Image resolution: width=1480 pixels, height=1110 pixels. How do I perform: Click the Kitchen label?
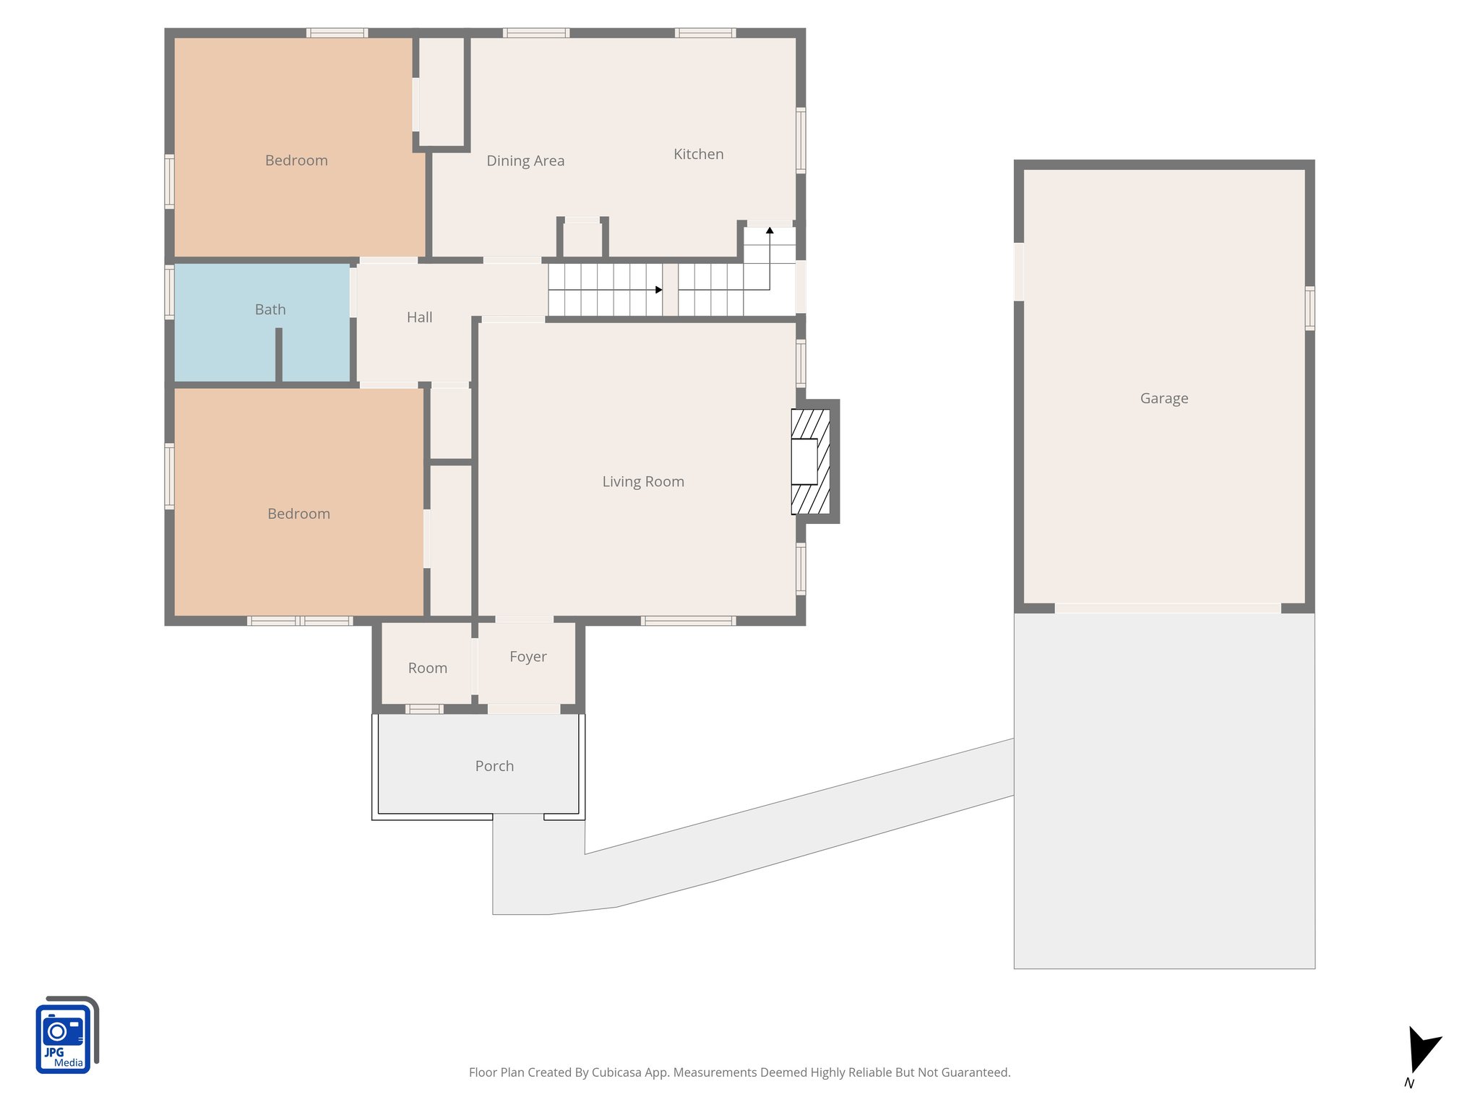tap(698, 154)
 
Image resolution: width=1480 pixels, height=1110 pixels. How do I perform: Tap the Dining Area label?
tap(525, 160)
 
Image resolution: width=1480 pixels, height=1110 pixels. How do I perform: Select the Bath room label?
tap(270, 309)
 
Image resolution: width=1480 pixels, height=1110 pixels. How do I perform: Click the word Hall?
tap(419, 317)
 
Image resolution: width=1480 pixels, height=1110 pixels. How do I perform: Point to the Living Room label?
tap(642, 481)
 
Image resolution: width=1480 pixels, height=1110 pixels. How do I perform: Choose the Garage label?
tap(1163, 398)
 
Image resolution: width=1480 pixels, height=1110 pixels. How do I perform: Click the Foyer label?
tap(528, 656)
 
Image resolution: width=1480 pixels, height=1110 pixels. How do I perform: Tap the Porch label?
tap(494, 766)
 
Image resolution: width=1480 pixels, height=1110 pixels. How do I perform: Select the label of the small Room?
tap(427, 668)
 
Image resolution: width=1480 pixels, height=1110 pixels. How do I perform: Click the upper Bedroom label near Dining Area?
tap(296, 160)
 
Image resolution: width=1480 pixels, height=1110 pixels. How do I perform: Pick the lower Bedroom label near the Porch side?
tap(298, 514)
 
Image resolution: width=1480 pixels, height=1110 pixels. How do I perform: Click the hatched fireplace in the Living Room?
tap(810, 462)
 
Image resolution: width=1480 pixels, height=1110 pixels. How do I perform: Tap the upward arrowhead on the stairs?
tap(770, 231)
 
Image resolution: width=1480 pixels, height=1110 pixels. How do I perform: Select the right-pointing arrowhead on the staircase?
tap(658, 290)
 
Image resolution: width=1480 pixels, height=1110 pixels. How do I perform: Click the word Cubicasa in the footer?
tap(616, 1072)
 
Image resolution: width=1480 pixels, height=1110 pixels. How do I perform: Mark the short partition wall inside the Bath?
tap(278, 354)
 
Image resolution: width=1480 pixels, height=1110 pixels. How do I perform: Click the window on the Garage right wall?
tap(1309, 309)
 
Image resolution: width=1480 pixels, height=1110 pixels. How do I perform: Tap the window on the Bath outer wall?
tap(170, 292)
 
